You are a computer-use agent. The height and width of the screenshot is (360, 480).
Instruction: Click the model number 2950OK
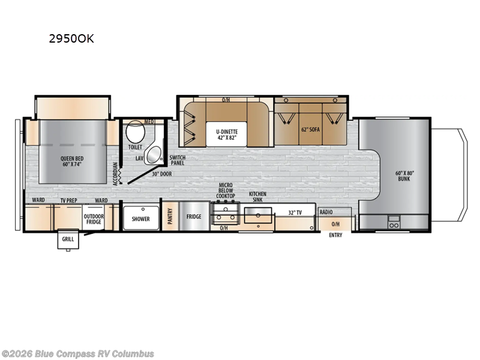(71, 40)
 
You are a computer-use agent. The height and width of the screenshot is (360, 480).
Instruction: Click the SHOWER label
(141, 219)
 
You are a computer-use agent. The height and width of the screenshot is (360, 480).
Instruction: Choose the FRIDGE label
(193, 217)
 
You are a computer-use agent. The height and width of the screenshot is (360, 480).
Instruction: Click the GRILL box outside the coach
(66, 240)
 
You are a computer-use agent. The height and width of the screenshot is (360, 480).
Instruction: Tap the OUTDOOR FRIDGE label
(93, 218)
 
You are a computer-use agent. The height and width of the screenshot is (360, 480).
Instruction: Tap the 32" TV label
(295, 212)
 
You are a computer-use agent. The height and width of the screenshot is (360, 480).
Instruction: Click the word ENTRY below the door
(335, 235)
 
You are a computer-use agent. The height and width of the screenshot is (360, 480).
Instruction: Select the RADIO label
(326, 212)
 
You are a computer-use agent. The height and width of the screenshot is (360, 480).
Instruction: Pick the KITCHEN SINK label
(257, 197)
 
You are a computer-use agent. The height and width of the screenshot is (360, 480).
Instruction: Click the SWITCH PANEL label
(178, 160)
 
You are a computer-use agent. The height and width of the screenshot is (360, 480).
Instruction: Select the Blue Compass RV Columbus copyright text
(78, 353)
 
